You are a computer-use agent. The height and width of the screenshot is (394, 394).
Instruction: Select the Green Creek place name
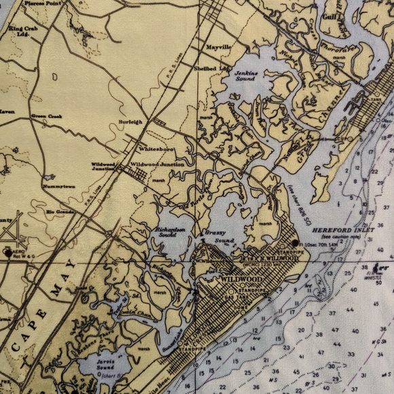46,116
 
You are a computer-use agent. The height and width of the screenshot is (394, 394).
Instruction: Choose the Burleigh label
130,122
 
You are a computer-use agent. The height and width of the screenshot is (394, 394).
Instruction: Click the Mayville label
219,48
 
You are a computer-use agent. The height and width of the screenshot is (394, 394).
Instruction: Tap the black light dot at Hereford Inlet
294,243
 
